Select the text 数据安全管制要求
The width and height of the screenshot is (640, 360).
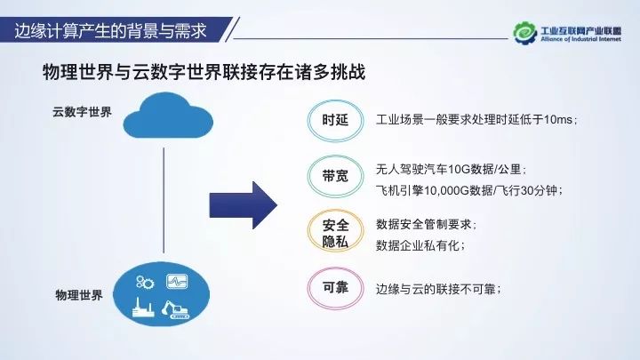(427, 223)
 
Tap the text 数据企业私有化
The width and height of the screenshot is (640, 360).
(420, 244)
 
